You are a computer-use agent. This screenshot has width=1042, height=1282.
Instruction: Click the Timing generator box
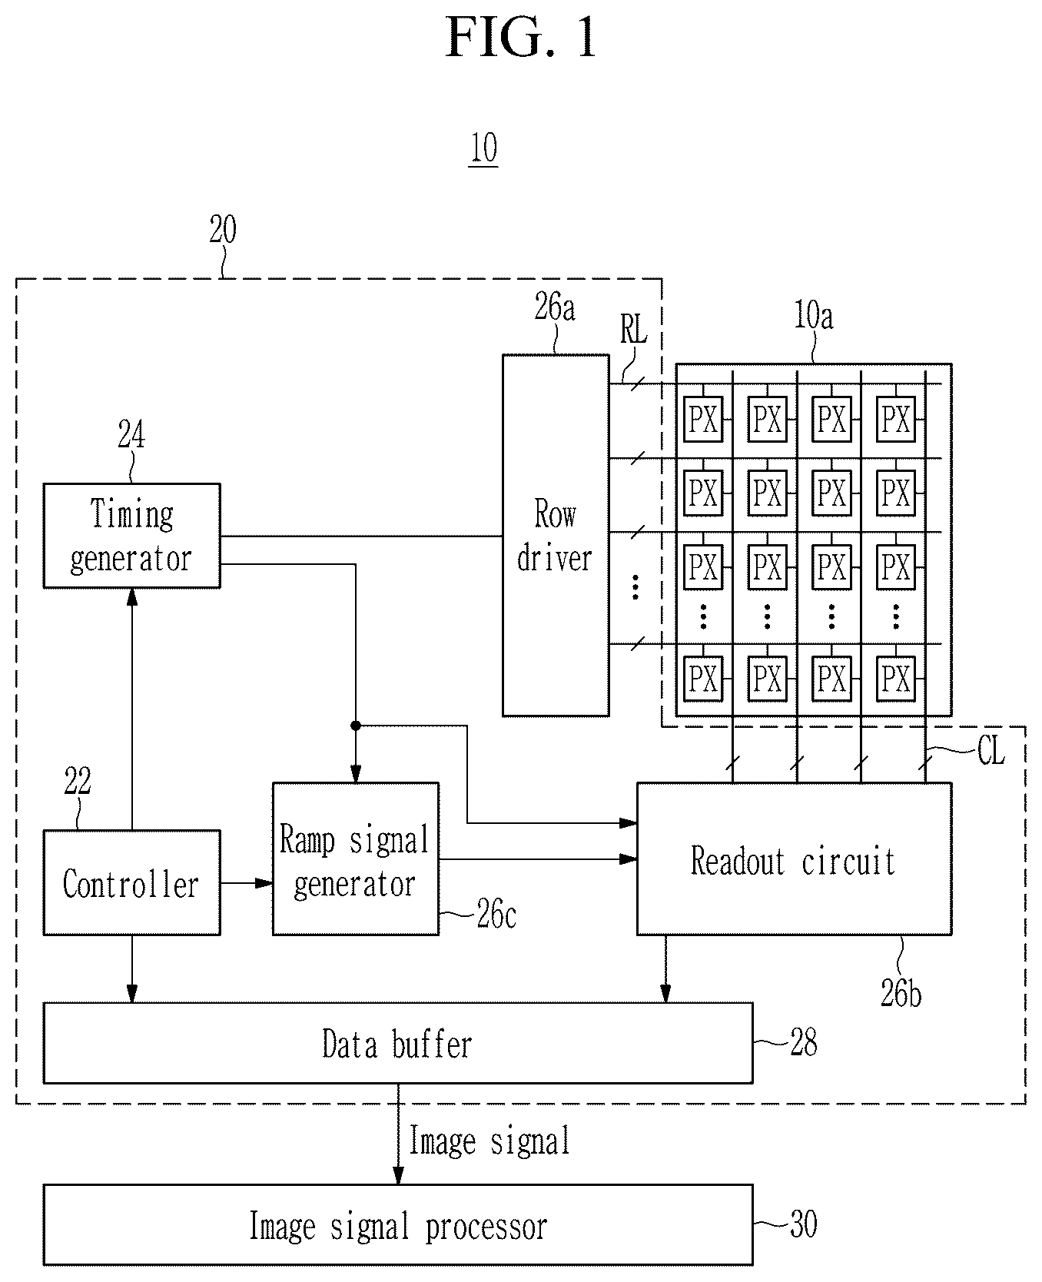point(131,536)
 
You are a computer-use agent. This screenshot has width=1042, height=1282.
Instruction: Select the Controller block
point(131,882)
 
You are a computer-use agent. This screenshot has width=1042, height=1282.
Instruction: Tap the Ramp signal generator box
point(356,859)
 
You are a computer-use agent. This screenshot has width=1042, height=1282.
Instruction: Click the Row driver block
point(556,536)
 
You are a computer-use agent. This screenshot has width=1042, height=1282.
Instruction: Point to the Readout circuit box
point(795,859)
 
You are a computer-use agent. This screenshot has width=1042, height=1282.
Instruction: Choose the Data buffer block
point(398,1043)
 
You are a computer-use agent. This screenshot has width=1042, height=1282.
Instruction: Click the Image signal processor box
point(398,1225)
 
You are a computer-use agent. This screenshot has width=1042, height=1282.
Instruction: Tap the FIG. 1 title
point(522,38)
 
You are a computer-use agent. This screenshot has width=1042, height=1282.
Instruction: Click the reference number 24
point(131,436)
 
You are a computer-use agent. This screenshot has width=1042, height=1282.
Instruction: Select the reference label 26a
point(555,307)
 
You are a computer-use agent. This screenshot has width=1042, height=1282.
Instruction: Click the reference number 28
point(804,1043)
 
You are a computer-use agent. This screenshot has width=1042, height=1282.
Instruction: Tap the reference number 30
point(804,1224)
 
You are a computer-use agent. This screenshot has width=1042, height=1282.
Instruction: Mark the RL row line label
point(634,330)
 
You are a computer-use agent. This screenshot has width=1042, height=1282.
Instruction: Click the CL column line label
point(991,751)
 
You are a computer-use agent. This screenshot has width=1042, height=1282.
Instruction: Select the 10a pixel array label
point(813,316)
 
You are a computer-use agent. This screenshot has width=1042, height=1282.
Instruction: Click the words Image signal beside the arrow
point(490,1141)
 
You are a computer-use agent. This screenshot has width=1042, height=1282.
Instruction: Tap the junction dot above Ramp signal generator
point(355,726)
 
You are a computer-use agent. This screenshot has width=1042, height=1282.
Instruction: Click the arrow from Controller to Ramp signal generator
point(247,883)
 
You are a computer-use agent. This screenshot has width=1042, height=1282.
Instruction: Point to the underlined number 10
point(483,148)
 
